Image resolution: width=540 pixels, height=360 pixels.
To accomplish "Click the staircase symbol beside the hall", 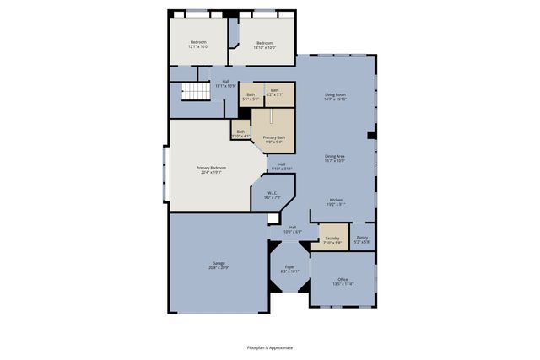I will [197, 93].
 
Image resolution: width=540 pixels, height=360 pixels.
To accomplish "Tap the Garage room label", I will [219, 265].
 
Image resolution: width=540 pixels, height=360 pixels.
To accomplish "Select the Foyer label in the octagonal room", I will [289, 269].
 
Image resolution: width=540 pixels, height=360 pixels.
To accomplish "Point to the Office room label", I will [342, 282].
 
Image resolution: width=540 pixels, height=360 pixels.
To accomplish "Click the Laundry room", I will [332, 240].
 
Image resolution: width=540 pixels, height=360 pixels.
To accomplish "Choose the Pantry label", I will [362, 240].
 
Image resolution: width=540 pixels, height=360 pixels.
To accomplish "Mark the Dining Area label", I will [335, 158].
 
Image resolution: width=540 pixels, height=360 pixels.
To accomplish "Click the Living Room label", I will [335, 96].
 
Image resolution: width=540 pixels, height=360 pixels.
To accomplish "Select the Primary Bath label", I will [273, 139].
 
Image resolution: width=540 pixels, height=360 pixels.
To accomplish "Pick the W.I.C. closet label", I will [273, 196].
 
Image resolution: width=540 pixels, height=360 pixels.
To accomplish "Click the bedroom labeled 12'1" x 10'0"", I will [198, 44].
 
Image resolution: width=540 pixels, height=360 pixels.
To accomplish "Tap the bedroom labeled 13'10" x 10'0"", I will [264, 44].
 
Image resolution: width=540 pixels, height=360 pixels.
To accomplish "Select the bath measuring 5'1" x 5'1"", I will [251, 97].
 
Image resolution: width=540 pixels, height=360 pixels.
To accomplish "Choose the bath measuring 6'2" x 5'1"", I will [275, 92].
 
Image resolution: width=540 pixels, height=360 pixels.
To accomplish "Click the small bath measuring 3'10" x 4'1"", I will [240, 132].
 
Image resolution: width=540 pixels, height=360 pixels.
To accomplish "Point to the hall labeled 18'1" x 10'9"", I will [225, 83].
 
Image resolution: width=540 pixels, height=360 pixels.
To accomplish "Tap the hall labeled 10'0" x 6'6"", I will [293, 228].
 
